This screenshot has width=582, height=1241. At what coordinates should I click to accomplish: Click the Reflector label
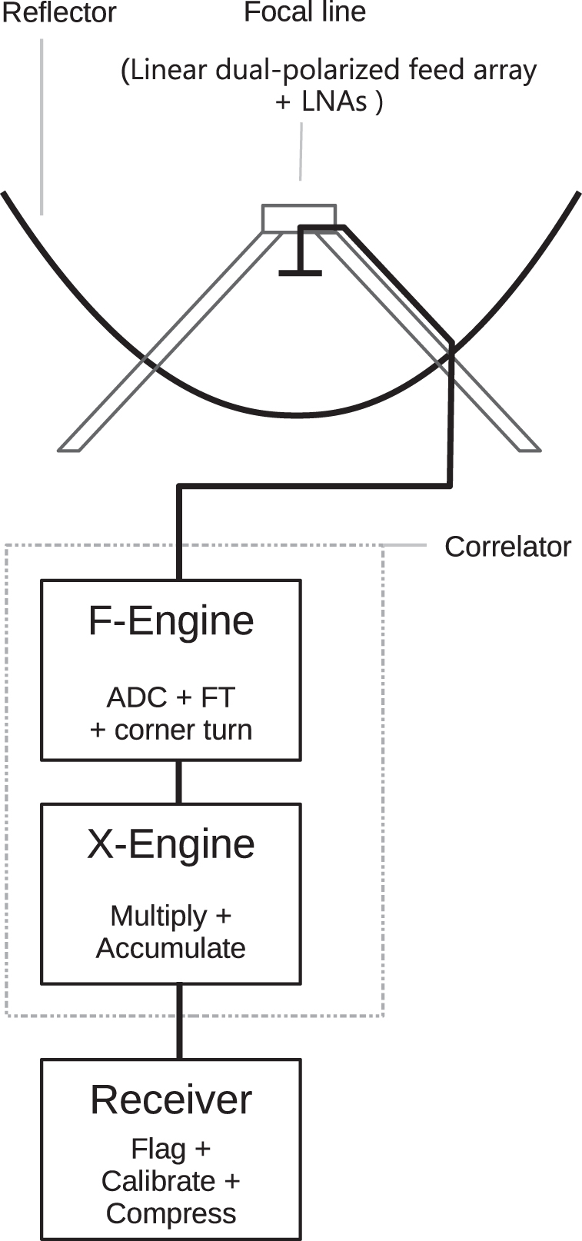tap(59, 13)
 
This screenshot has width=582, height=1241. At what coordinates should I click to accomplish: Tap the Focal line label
tap(304, 12)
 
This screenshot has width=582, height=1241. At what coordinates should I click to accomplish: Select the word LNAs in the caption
tap(334, 101)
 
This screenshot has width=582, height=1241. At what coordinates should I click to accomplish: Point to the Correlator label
tap(507, 547)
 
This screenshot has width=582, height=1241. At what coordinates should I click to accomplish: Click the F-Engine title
tap(171, 620)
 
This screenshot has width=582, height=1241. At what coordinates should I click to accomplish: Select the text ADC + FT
tap(171, 697)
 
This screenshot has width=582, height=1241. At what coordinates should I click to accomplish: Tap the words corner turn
tap(183, 730)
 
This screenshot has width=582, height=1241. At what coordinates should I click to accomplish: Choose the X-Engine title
tap(171, 843)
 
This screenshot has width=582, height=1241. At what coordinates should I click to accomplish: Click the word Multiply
tap(158, 916)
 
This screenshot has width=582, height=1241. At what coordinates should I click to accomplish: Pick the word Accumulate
tap(171, 948)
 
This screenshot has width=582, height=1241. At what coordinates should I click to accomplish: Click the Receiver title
tap(171, 1100)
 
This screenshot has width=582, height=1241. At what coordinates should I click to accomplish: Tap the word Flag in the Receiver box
tap(158, 1149)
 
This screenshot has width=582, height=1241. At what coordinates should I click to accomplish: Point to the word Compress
tap(171, 1213)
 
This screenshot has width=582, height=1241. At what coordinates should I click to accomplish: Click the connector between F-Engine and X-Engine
tap(179, 782)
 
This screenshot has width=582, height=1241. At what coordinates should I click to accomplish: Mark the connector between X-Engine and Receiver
tap(179, 1021)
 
